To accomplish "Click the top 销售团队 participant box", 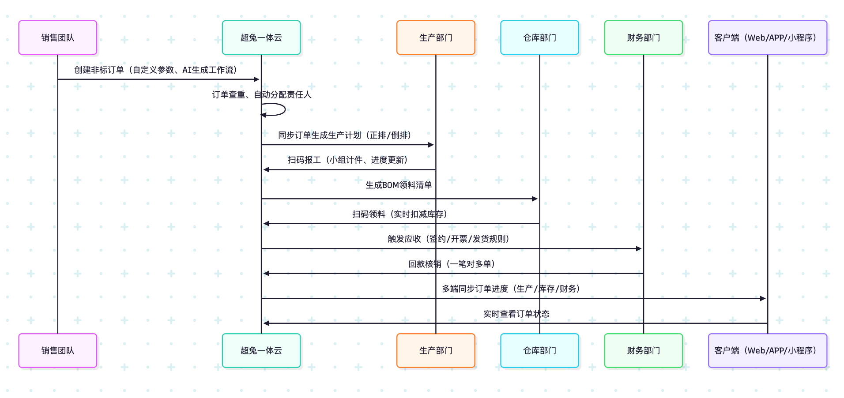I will tap(57, 38).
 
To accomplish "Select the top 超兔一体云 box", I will tap(261, 38).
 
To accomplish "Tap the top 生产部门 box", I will tap(436, 38).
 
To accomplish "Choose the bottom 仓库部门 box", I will tap(539, 350).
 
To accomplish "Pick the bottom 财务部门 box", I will tap(643, 350).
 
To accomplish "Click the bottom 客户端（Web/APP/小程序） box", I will tap(767, 350).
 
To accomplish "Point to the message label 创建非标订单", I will tap(156, 70).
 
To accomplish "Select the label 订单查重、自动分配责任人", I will tap(261, 94).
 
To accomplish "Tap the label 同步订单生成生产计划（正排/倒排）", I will tap(345, 135).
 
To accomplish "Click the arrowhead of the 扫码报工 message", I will tap(266, 169).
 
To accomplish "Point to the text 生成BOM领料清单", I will tap(399, 185).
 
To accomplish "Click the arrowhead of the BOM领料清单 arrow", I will tap(535, 199).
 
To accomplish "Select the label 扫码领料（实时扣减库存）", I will tap(400, 214).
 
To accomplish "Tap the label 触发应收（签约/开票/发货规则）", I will tap(448, 239).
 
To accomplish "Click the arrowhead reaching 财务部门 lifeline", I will tap(638, 249).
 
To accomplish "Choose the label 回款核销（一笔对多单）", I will tap(452, 264).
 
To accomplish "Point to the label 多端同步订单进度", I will tap(511, 289).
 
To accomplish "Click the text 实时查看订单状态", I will tap(516, 314).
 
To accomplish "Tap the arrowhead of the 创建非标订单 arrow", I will tap(256, 79).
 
